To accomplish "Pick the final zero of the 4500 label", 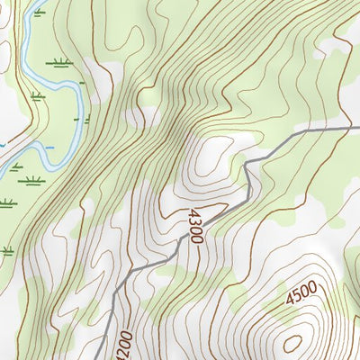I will [x=314, y=290].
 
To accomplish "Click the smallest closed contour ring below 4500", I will [x=294, y=342].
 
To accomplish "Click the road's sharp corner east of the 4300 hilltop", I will [x=248, y=162].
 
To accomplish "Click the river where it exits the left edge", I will [x=3, y=168].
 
